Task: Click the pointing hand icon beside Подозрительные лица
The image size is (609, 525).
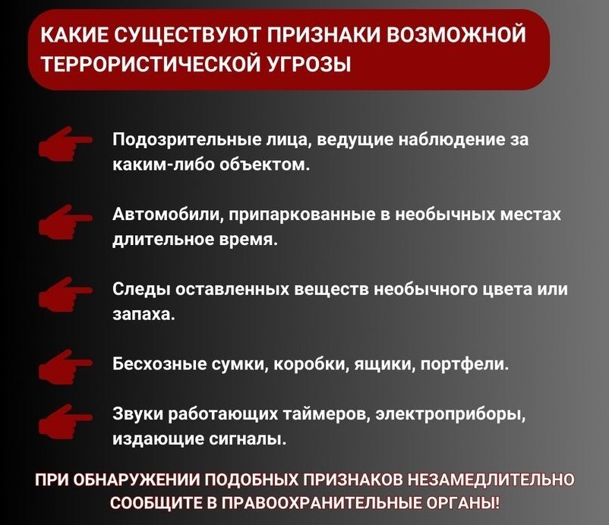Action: [x=65, y=143]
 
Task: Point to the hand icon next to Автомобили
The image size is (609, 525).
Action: [x=65, y=221]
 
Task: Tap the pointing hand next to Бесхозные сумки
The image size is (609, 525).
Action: [x=65, y=366]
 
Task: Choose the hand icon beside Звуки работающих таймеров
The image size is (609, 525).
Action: [x=65, y=421]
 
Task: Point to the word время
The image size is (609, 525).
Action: [x=248, y=240]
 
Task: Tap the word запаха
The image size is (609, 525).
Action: [x=144, y=315]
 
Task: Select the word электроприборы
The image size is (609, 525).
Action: [x=451, y=415]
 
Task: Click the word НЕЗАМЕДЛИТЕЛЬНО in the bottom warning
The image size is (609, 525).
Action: [x=491, y=480]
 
